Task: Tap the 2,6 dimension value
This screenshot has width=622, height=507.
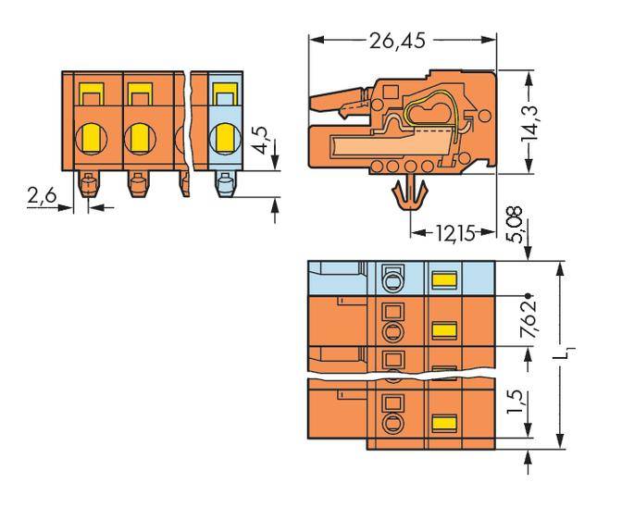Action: click(42, 195)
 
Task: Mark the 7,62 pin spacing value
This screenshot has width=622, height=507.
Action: click(529, 320)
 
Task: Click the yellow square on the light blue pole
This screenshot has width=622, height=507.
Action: click(222, 93)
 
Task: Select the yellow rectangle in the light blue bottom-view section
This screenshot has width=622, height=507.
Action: click(445, 278)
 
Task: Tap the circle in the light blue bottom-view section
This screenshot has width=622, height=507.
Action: click(392, 278)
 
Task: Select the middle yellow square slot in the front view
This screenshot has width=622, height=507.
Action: click(139, 93)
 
